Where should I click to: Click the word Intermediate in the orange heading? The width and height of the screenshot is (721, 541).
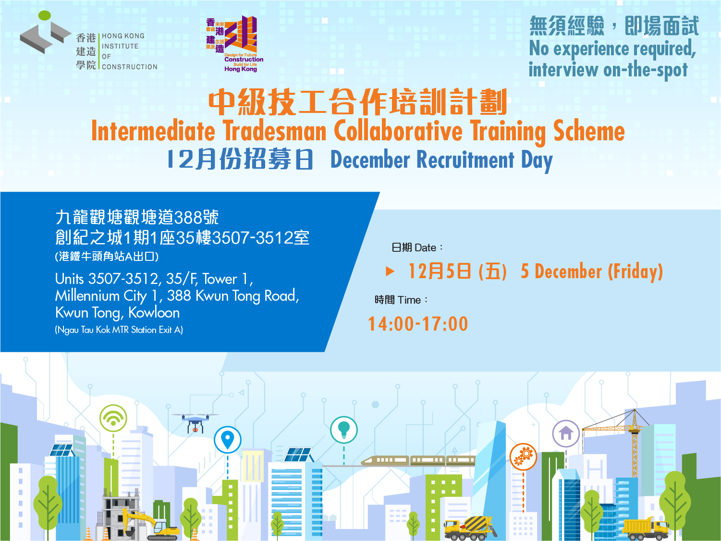click(153, 131)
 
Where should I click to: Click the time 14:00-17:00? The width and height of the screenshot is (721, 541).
click(418, 324)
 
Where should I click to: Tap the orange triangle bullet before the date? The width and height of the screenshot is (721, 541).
click(390, 271)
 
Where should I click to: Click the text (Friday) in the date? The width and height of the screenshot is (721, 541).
click(635, 271)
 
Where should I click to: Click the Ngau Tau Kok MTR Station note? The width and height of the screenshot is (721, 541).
click(119, 330)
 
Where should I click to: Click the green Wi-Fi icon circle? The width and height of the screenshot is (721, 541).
click(113, 418)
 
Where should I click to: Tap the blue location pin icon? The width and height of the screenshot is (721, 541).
click(227, 439)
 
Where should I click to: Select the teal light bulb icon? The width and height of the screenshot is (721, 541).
click(344, 429)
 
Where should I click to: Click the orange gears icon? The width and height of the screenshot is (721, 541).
click(523, 455)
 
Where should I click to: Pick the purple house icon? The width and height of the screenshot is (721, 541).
click(566, 433)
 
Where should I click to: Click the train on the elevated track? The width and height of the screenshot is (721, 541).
click(418, 461)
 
